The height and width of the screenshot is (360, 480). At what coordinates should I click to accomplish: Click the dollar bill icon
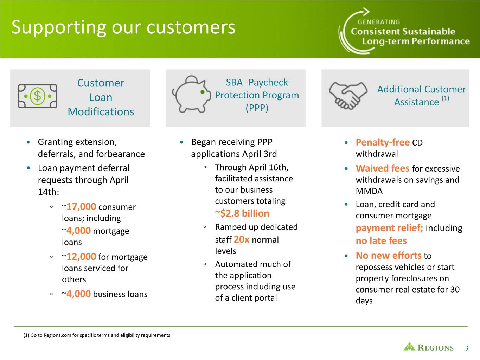[x=37, y=96]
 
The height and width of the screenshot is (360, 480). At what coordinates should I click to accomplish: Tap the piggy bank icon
[x=192, y=94]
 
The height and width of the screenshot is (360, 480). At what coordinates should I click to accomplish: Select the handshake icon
[x=348, y=96]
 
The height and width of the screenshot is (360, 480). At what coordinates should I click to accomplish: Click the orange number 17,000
[x=81, y=207]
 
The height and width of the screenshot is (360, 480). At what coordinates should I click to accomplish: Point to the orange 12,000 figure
[x=81, y=257]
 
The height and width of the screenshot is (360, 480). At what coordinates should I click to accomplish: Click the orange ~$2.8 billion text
[x=242, y=213]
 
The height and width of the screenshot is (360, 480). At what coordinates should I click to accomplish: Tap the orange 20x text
[x=242, y=239]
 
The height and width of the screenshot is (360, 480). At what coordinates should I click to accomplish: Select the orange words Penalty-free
[x=383, y=142]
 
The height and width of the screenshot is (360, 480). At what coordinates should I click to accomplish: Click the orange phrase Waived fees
[x=383, y=168]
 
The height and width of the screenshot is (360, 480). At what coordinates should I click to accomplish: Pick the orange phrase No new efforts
[x=388, y=256]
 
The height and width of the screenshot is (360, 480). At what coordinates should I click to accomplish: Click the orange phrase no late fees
[x=381, y=241]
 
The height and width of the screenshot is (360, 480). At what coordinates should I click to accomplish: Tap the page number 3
[x=467, y=348]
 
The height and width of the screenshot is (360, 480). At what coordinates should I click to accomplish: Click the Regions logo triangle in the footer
[x=409, y=347]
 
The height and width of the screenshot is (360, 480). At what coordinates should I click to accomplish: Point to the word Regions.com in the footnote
[x=57, y=335]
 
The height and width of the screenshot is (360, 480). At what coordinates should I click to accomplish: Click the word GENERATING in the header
[x=379, y=22]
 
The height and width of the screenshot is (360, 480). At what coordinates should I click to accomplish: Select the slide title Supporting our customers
[x=123, y=27]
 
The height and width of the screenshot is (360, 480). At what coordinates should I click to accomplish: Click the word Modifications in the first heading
[x=101, y=112]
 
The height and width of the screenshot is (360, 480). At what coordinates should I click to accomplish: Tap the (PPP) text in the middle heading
[x=257, y=108]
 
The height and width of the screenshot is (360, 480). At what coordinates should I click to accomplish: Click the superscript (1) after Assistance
[x=445, y=98]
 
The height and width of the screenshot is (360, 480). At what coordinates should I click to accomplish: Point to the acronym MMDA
[x=369, y=191]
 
